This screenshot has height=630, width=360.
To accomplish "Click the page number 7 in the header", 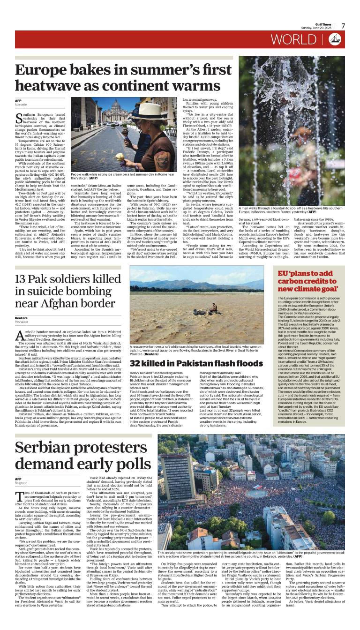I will [x=343, y=26].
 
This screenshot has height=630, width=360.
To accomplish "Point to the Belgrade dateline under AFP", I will [x=21, y=483].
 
